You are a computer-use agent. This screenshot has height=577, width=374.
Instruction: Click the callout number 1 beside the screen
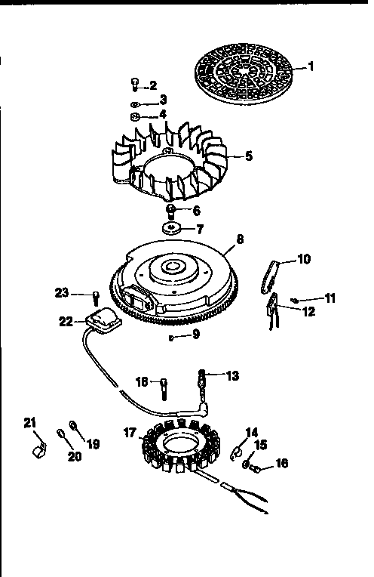pos(310,66)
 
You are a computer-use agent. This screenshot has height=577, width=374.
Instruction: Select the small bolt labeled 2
pos(134,85)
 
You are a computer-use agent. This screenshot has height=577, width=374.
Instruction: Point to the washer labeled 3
pos(133,101)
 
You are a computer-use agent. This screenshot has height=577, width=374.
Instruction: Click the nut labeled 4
pos(135,116)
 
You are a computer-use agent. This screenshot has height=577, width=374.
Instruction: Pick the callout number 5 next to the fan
pos(249,157)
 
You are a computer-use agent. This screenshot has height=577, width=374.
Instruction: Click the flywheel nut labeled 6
pos(172,210)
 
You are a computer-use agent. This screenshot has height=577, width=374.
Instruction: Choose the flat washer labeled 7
pos(171,227)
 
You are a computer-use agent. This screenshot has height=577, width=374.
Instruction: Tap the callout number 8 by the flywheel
pos(240,239)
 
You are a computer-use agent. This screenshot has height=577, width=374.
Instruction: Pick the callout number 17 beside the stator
pos(130,434)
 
